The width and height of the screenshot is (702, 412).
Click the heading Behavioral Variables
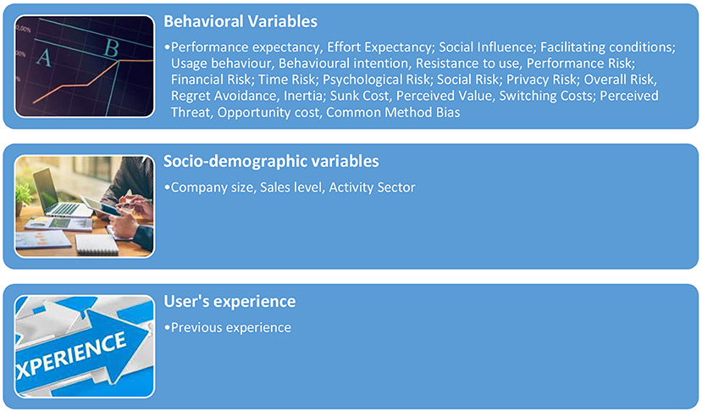240,21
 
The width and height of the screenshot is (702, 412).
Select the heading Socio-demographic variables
271,161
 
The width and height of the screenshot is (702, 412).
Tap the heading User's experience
229,301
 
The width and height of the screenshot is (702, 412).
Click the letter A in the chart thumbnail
43,58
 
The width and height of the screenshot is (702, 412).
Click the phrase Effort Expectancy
379,47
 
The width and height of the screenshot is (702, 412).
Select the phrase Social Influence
485,47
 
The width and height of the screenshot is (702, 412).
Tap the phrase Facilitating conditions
607,47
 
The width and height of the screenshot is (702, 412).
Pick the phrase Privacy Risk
541,80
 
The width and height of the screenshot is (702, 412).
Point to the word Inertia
304,96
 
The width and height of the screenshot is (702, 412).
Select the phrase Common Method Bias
393,112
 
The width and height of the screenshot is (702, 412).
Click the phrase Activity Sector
372,187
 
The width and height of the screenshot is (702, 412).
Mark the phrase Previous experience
231,328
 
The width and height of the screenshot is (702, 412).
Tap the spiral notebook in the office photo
97,245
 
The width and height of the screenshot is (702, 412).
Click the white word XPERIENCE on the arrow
72,356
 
